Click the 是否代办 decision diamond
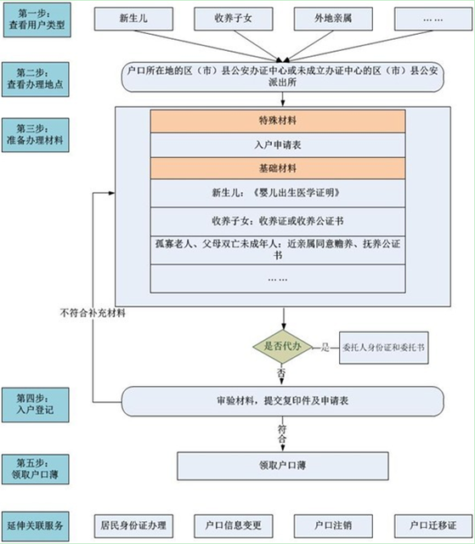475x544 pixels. [281, 347]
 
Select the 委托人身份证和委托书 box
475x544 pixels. [384, 347]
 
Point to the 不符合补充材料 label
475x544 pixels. [93, 313]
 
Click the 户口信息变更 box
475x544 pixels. [231, 524]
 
